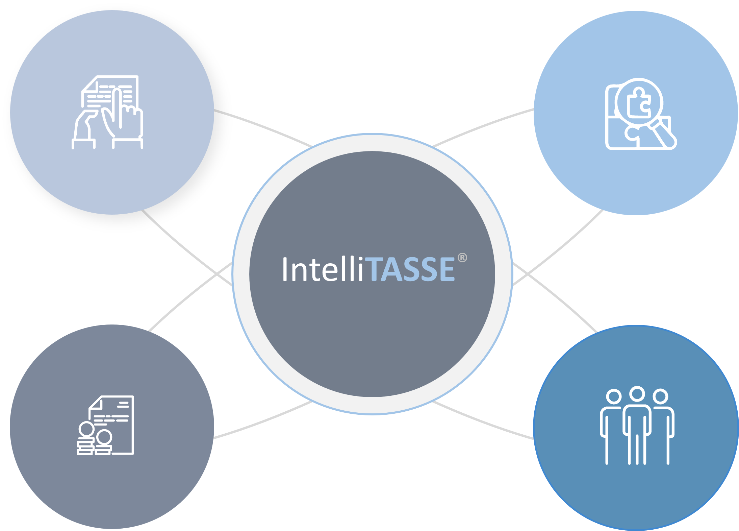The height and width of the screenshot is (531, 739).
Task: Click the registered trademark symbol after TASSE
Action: [x=462, y=258]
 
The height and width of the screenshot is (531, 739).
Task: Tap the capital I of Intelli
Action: [x=285, y=269]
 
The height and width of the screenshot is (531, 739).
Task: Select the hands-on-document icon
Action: [x=107, y=112]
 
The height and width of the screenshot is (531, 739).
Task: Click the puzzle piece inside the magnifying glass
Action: [x=638, y=102]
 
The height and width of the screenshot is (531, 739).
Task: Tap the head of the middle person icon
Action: [x=637, y=394]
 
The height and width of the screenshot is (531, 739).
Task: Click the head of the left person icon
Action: [x=614, y=396]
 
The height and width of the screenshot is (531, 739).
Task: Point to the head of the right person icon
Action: [x=660, y=396]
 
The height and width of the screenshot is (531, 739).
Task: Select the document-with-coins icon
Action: [x=105, y=425]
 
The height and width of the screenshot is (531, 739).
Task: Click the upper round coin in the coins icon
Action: [x=86, y=429]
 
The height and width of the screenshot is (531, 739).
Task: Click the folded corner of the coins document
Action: [x=96, y=403]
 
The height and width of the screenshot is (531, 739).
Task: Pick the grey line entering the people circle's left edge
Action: [x=483, y=421]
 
